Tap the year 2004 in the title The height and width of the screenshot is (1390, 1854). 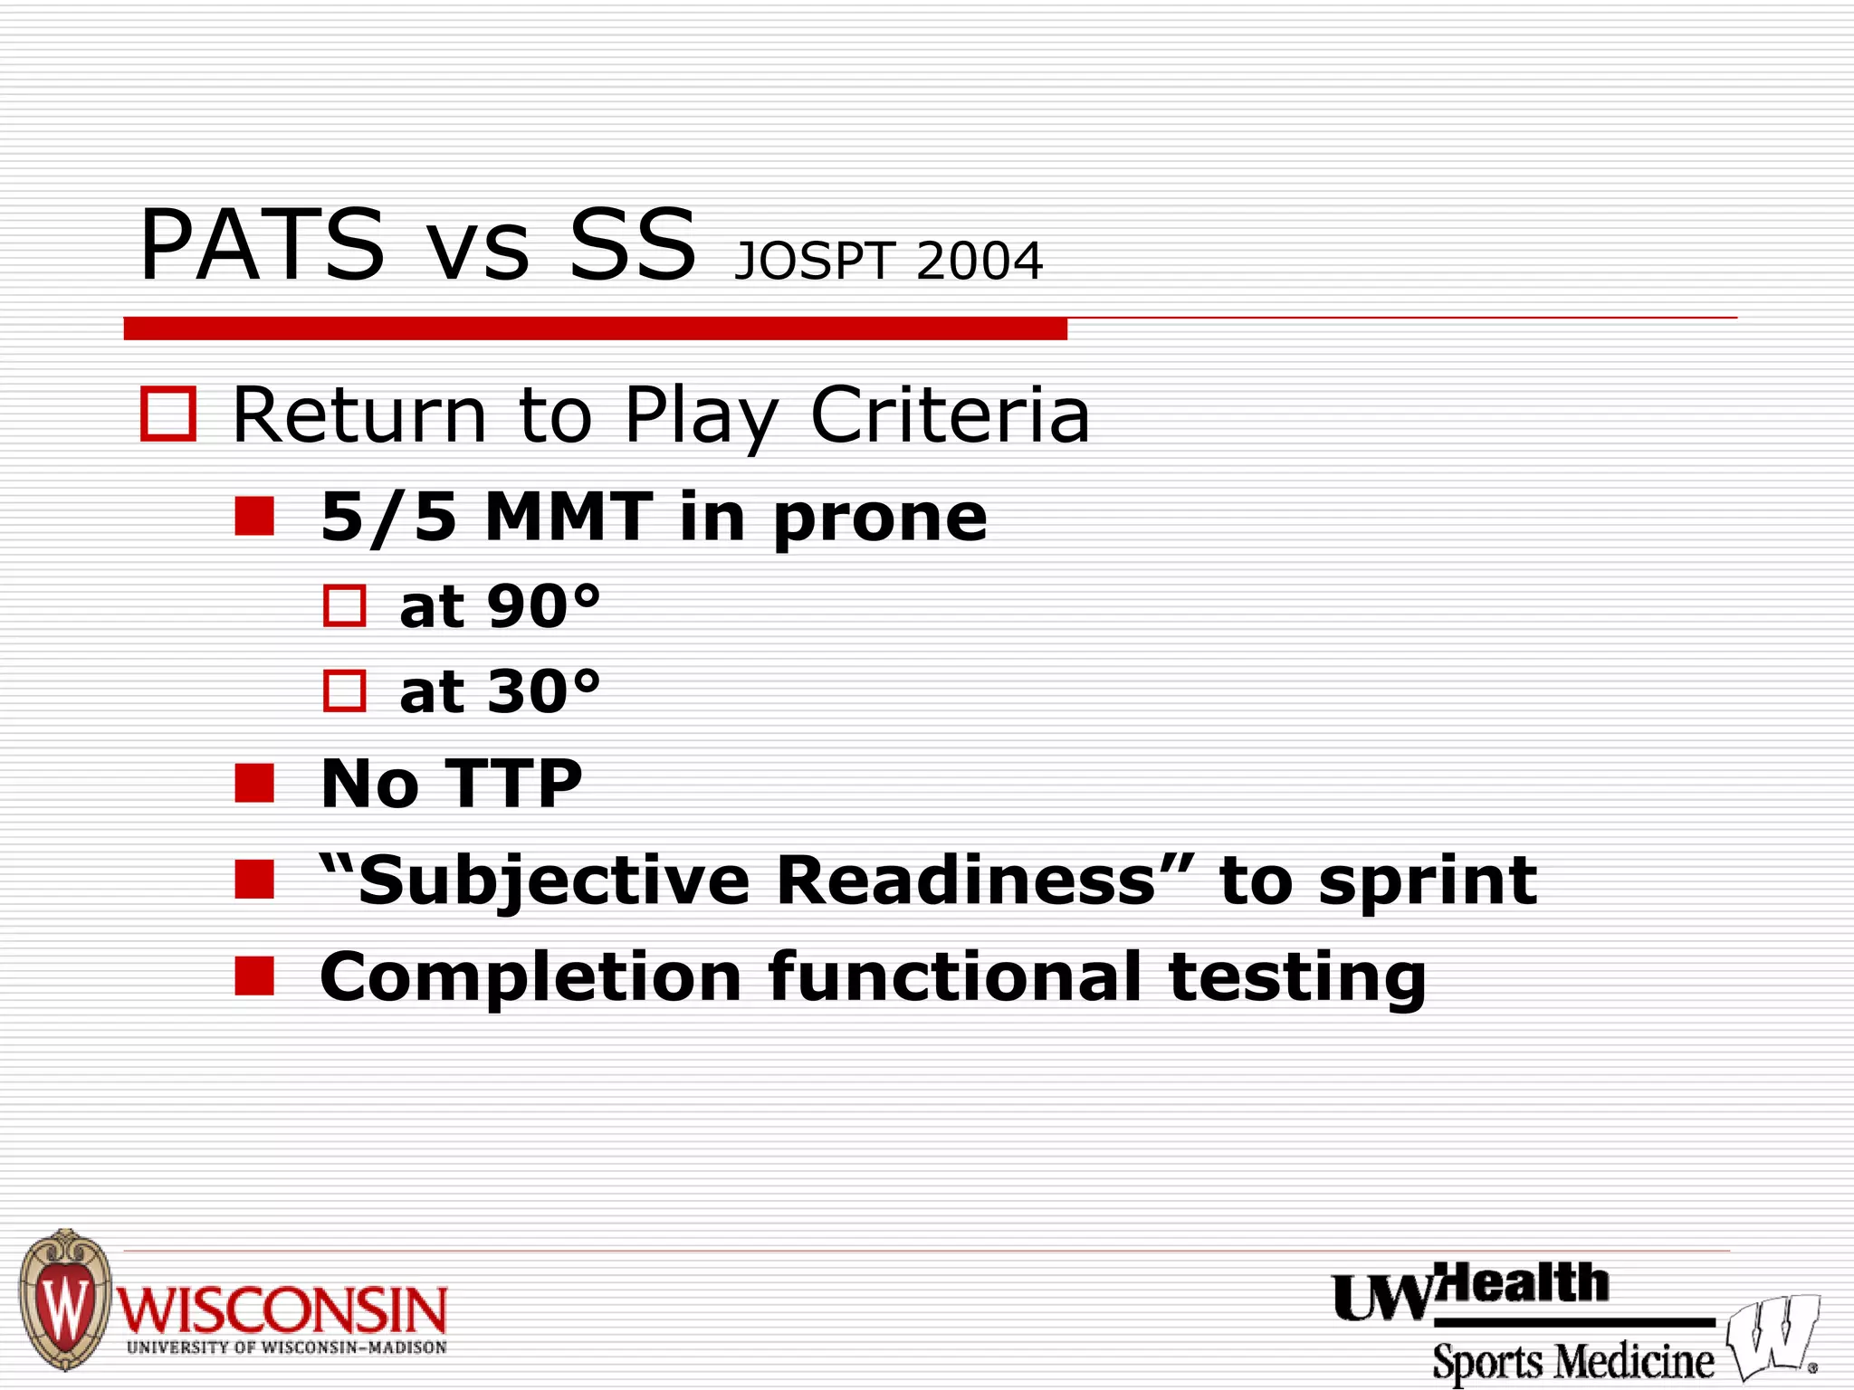point(980,262)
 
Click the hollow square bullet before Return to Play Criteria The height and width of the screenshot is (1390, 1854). point(168,414)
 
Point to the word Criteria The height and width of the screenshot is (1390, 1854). point(950,415)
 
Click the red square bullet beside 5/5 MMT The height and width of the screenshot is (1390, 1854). point(254,517)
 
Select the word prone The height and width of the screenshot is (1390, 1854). point(880,519)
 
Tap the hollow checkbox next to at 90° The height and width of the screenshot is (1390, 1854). point(345,605)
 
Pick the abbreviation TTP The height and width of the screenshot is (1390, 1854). point(513,784)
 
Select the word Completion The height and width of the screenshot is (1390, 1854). point(530,977)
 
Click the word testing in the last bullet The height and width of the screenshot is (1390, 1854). point(1297,977)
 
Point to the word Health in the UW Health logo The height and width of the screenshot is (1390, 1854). point(1526,1284)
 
